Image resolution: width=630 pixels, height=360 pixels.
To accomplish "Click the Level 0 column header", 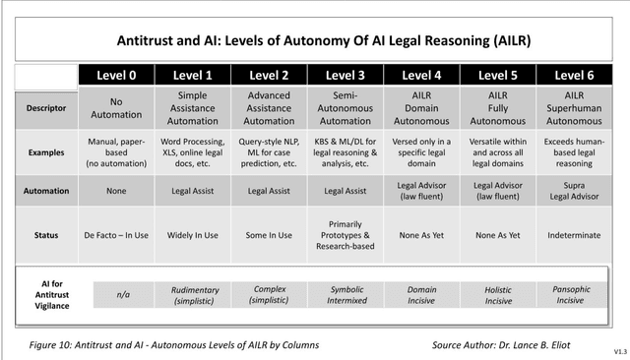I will pyautogui.click(x=116, y=74).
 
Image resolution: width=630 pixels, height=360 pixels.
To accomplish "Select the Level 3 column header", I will pyautogui.click(x=346, y=74).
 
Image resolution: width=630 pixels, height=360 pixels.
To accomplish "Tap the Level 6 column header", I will pyautogui.click(x=575, y=74).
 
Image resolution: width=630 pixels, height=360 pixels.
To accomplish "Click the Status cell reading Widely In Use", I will pyautogui.click(x=192, y=235).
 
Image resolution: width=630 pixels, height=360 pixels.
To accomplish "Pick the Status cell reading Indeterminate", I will pyautogui.click(x=575, y=235).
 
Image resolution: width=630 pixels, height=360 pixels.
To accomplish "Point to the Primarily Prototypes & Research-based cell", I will pyautogui.click(x=346, y=235).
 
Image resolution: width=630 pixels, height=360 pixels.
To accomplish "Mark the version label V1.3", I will pyautogui.click(x=617, y=351).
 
